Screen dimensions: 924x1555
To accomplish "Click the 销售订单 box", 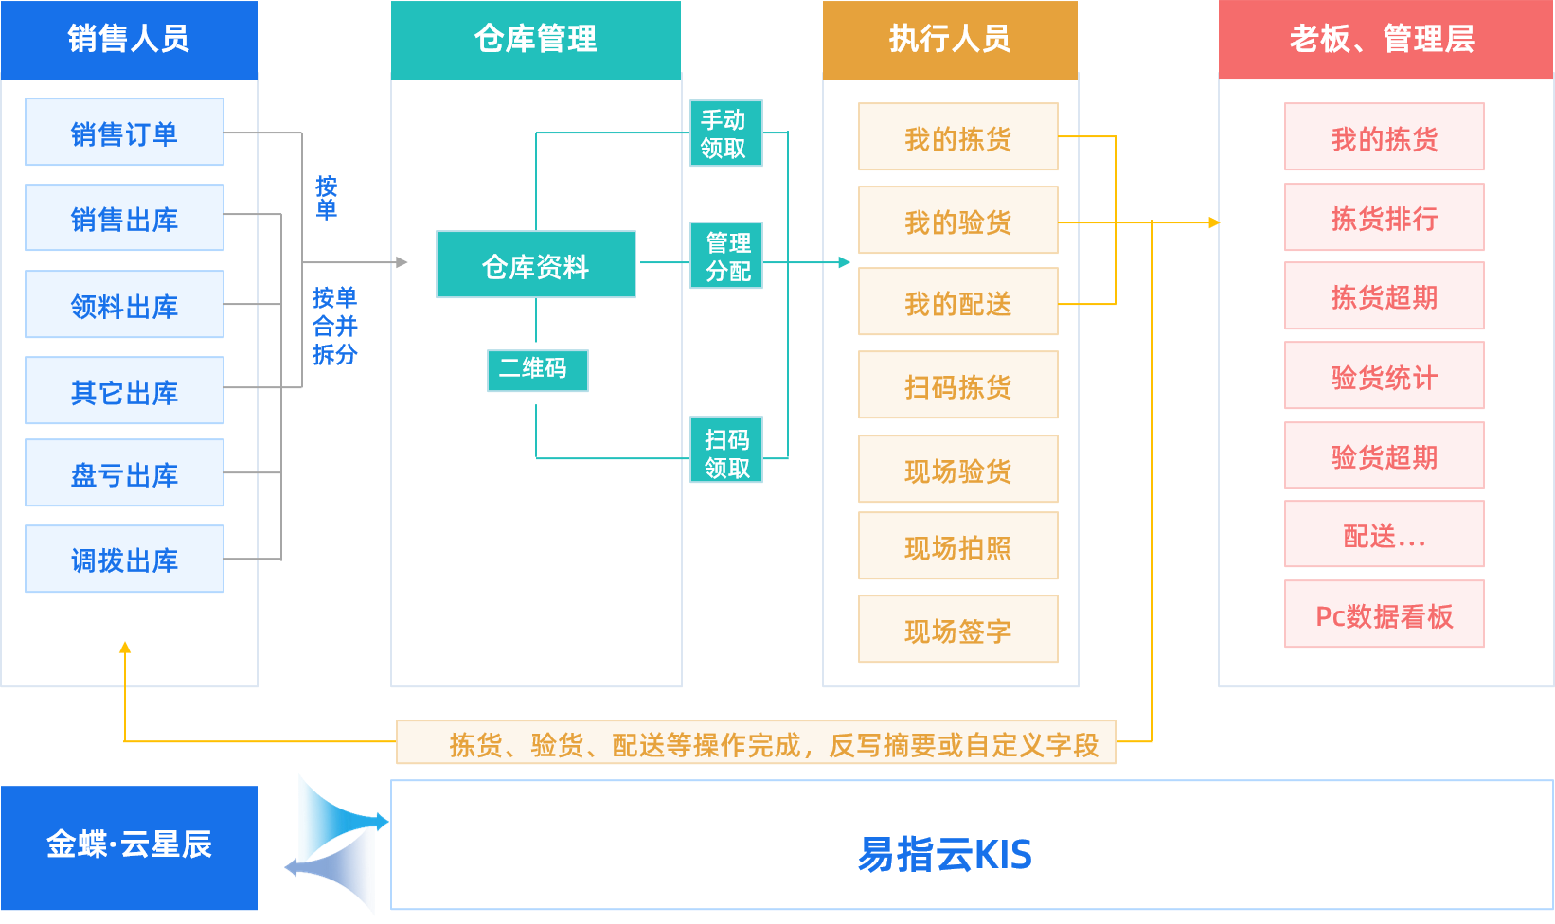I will (124, 133).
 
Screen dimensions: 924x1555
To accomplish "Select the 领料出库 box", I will (124, 305).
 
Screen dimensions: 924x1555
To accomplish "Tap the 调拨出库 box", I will (124, 560).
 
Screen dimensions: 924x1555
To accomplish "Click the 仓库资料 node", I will (535, 265).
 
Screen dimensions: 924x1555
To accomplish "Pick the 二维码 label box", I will (537, 370).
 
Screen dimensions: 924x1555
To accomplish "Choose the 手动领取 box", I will (725, 133).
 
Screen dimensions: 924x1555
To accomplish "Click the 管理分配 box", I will (725, 257).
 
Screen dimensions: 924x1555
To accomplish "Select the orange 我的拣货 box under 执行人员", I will (957, 137).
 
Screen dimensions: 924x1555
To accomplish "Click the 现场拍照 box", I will (957, 546).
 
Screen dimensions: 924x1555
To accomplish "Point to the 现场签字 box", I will (957, 630).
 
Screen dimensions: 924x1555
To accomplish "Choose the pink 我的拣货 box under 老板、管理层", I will (1384, 137).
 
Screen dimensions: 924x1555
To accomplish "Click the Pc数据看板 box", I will (1384, 614).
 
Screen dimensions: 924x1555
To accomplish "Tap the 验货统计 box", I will (1384, 376).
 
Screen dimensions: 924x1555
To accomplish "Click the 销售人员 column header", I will (129, 39).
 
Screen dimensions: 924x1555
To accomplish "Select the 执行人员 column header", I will (950, 39).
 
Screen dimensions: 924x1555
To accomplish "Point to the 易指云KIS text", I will (944, 854).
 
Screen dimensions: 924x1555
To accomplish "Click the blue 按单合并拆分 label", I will (334, 327).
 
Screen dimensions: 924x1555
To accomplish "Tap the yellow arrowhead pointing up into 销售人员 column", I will (124, 648).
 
